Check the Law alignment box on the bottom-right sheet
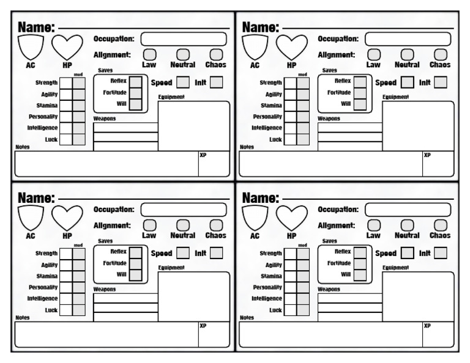pos(373,226)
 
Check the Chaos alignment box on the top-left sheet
pos(216,55)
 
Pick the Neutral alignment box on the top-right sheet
pos(407,55)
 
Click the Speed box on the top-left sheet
pos(183,82)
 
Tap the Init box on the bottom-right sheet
pos(441,252)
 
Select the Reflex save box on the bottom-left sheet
pos(136,251)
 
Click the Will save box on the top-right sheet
pos(360,104)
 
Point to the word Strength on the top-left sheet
pos(47,82)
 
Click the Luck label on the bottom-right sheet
pos(276,310)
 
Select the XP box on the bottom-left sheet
pos(214,334)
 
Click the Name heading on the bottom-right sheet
pos(261,197)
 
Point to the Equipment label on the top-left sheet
pos(171,97)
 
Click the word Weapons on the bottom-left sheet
pos(105,289)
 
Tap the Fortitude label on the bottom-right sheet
pos(338,263)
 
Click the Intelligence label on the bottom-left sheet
pos(43,298)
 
